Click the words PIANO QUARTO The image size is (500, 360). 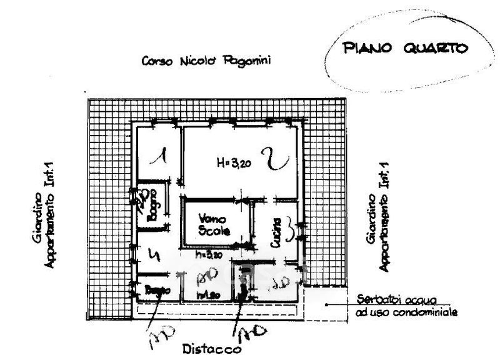pyautogui.click(x=402, y=49)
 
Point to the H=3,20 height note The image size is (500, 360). pyautogui.click(x=234, y=163)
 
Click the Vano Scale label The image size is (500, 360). pyautogui.click(x=214, y=225)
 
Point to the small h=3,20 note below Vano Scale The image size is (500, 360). pyautogui.click(x=209, y=254)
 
